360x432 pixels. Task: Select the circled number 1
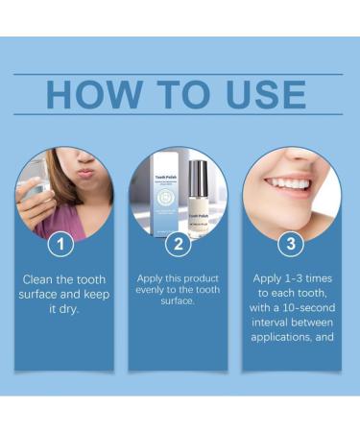point(61,244)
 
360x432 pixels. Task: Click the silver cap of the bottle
point(199,174)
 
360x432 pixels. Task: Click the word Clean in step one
point(40,279)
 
